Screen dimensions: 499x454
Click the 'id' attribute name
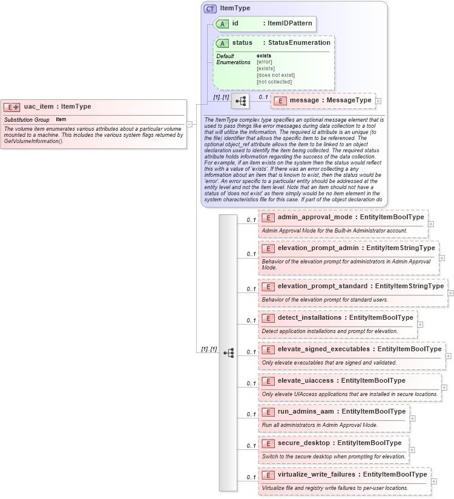pos(235,24)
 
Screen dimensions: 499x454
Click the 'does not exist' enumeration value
pos(275,75)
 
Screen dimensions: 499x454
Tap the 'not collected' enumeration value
pos(274,82)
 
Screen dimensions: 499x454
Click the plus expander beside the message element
pos(378,101)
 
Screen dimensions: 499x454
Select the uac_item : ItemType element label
pos(58,107)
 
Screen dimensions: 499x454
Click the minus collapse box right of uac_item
pos(190,124)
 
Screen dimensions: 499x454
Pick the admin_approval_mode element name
pos(315,217)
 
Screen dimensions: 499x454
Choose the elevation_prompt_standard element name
pos(324,286)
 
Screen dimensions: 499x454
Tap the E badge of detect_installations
pos(268,318)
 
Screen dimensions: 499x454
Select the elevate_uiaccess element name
pos(307,381)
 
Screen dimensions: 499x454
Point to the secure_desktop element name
pos(304,443)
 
